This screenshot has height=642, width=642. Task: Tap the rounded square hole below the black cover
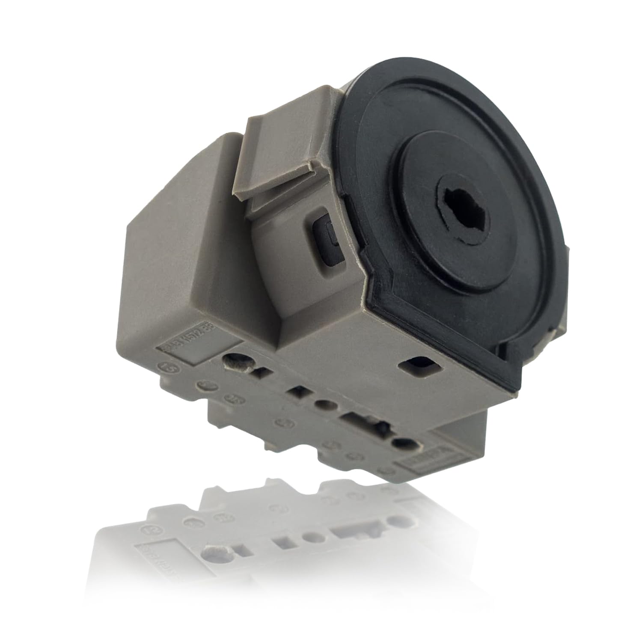click(418, 365)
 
